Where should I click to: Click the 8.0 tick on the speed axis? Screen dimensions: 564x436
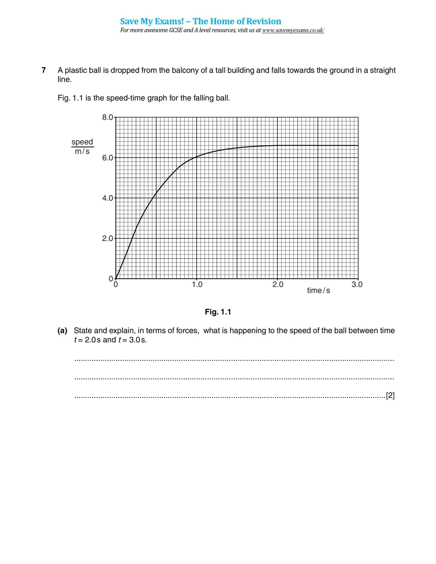108,117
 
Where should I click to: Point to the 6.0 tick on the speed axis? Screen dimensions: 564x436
108,158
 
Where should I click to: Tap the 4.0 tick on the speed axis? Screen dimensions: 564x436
108,198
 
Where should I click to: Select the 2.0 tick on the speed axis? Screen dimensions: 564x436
108,238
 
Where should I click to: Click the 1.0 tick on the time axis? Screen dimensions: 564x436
197,285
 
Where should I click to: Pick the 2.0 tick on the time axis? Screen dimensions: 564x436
278,285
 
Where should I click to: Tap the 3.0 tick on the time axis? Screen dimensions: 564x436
357,285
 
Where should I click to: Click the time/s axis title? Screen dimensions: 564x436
319,291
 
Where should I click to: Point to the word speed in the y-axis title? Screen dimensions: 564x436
82,142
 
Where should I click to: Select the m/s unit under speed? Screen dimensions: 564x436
82,151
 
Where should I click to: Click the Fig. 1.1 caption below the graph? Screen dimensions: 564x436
218,312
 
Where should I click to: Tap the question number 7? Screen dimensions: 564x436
44,70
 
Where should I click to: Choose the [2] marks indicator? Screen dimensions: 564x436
390,396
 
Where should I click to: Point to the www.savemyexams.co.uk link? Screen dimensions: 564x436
293,30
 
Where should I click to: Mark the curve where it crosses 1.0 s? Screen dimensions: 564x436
197,156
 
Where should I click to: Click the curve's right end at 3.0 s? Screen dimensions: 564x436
358,145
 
